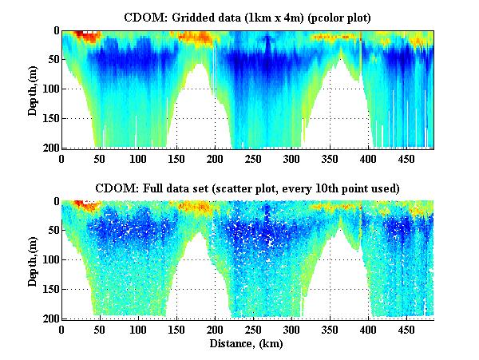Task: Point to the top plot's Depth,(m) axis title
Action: click(x=33, y=89)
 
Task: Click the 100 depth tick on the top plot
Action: click(x=50, y=89)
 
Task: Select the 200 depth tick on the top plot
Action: click(x=50, y=148)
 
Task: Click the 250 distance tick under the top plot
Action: click(x=215, y=159)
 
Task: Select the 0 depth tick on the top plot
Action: click(x=55, y=31)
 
